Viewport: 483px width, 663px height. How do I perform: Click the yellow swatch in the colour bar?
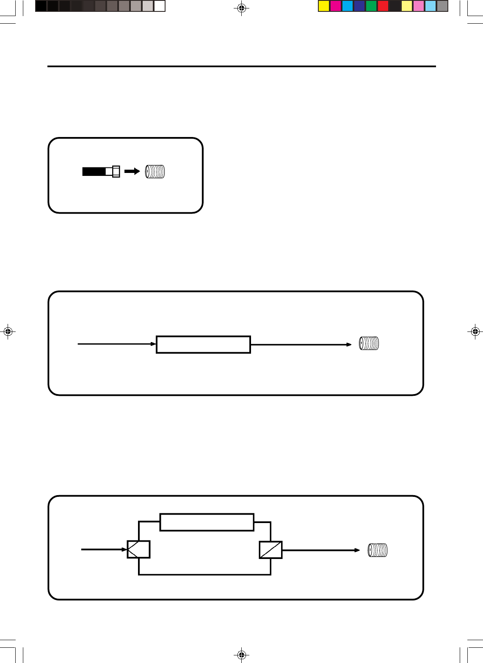pos(324,6)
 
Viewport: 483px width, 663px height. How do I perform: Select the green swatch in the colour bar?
pos(371,6)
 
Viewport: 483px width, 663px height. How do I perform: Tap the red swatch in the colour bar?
pos(383,6)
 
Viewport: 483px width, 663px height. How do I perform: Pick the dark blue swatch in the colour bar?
pos(359,6)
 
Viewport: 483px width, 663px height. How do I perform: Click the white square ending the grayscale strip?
pos(160,6)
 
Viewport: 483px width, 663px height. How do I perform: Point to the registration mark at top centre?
pos(241,8)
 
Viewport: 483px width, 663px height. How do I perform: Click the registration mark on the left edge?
pos(8,331)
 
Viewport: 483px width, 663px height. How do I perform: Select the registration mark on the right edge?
pos(475,331)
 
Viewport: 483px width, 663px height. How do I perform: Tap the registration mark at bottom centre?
pos(241,655)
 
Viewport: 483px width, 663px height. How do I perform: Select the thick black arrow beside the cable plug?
pos(132,171)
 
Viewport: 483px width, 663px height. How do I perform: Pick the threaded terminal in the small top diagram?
pos(155,171)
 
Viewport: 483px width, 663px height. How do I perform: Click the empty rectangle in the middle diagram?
pos(203,345)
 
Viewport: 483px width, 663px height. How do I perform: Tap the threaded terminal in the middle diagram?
pos(369,343)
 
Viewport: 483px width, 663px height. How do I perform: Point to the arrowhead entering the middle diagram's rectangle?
pos(154,344)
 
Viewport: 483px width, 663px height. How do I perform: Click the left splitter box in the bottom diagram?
pos(139,550)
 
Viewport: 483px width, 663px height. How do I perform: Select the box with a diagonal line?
pos(270,550)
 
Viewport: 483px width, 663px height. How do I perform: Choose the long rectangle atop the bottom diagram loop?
pos(207,522)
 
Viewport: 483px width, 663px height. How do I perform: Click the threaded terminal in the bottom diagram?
pos(378,550)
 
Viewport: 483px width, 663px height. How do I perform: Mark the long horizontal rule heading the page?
pos(241,66)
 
